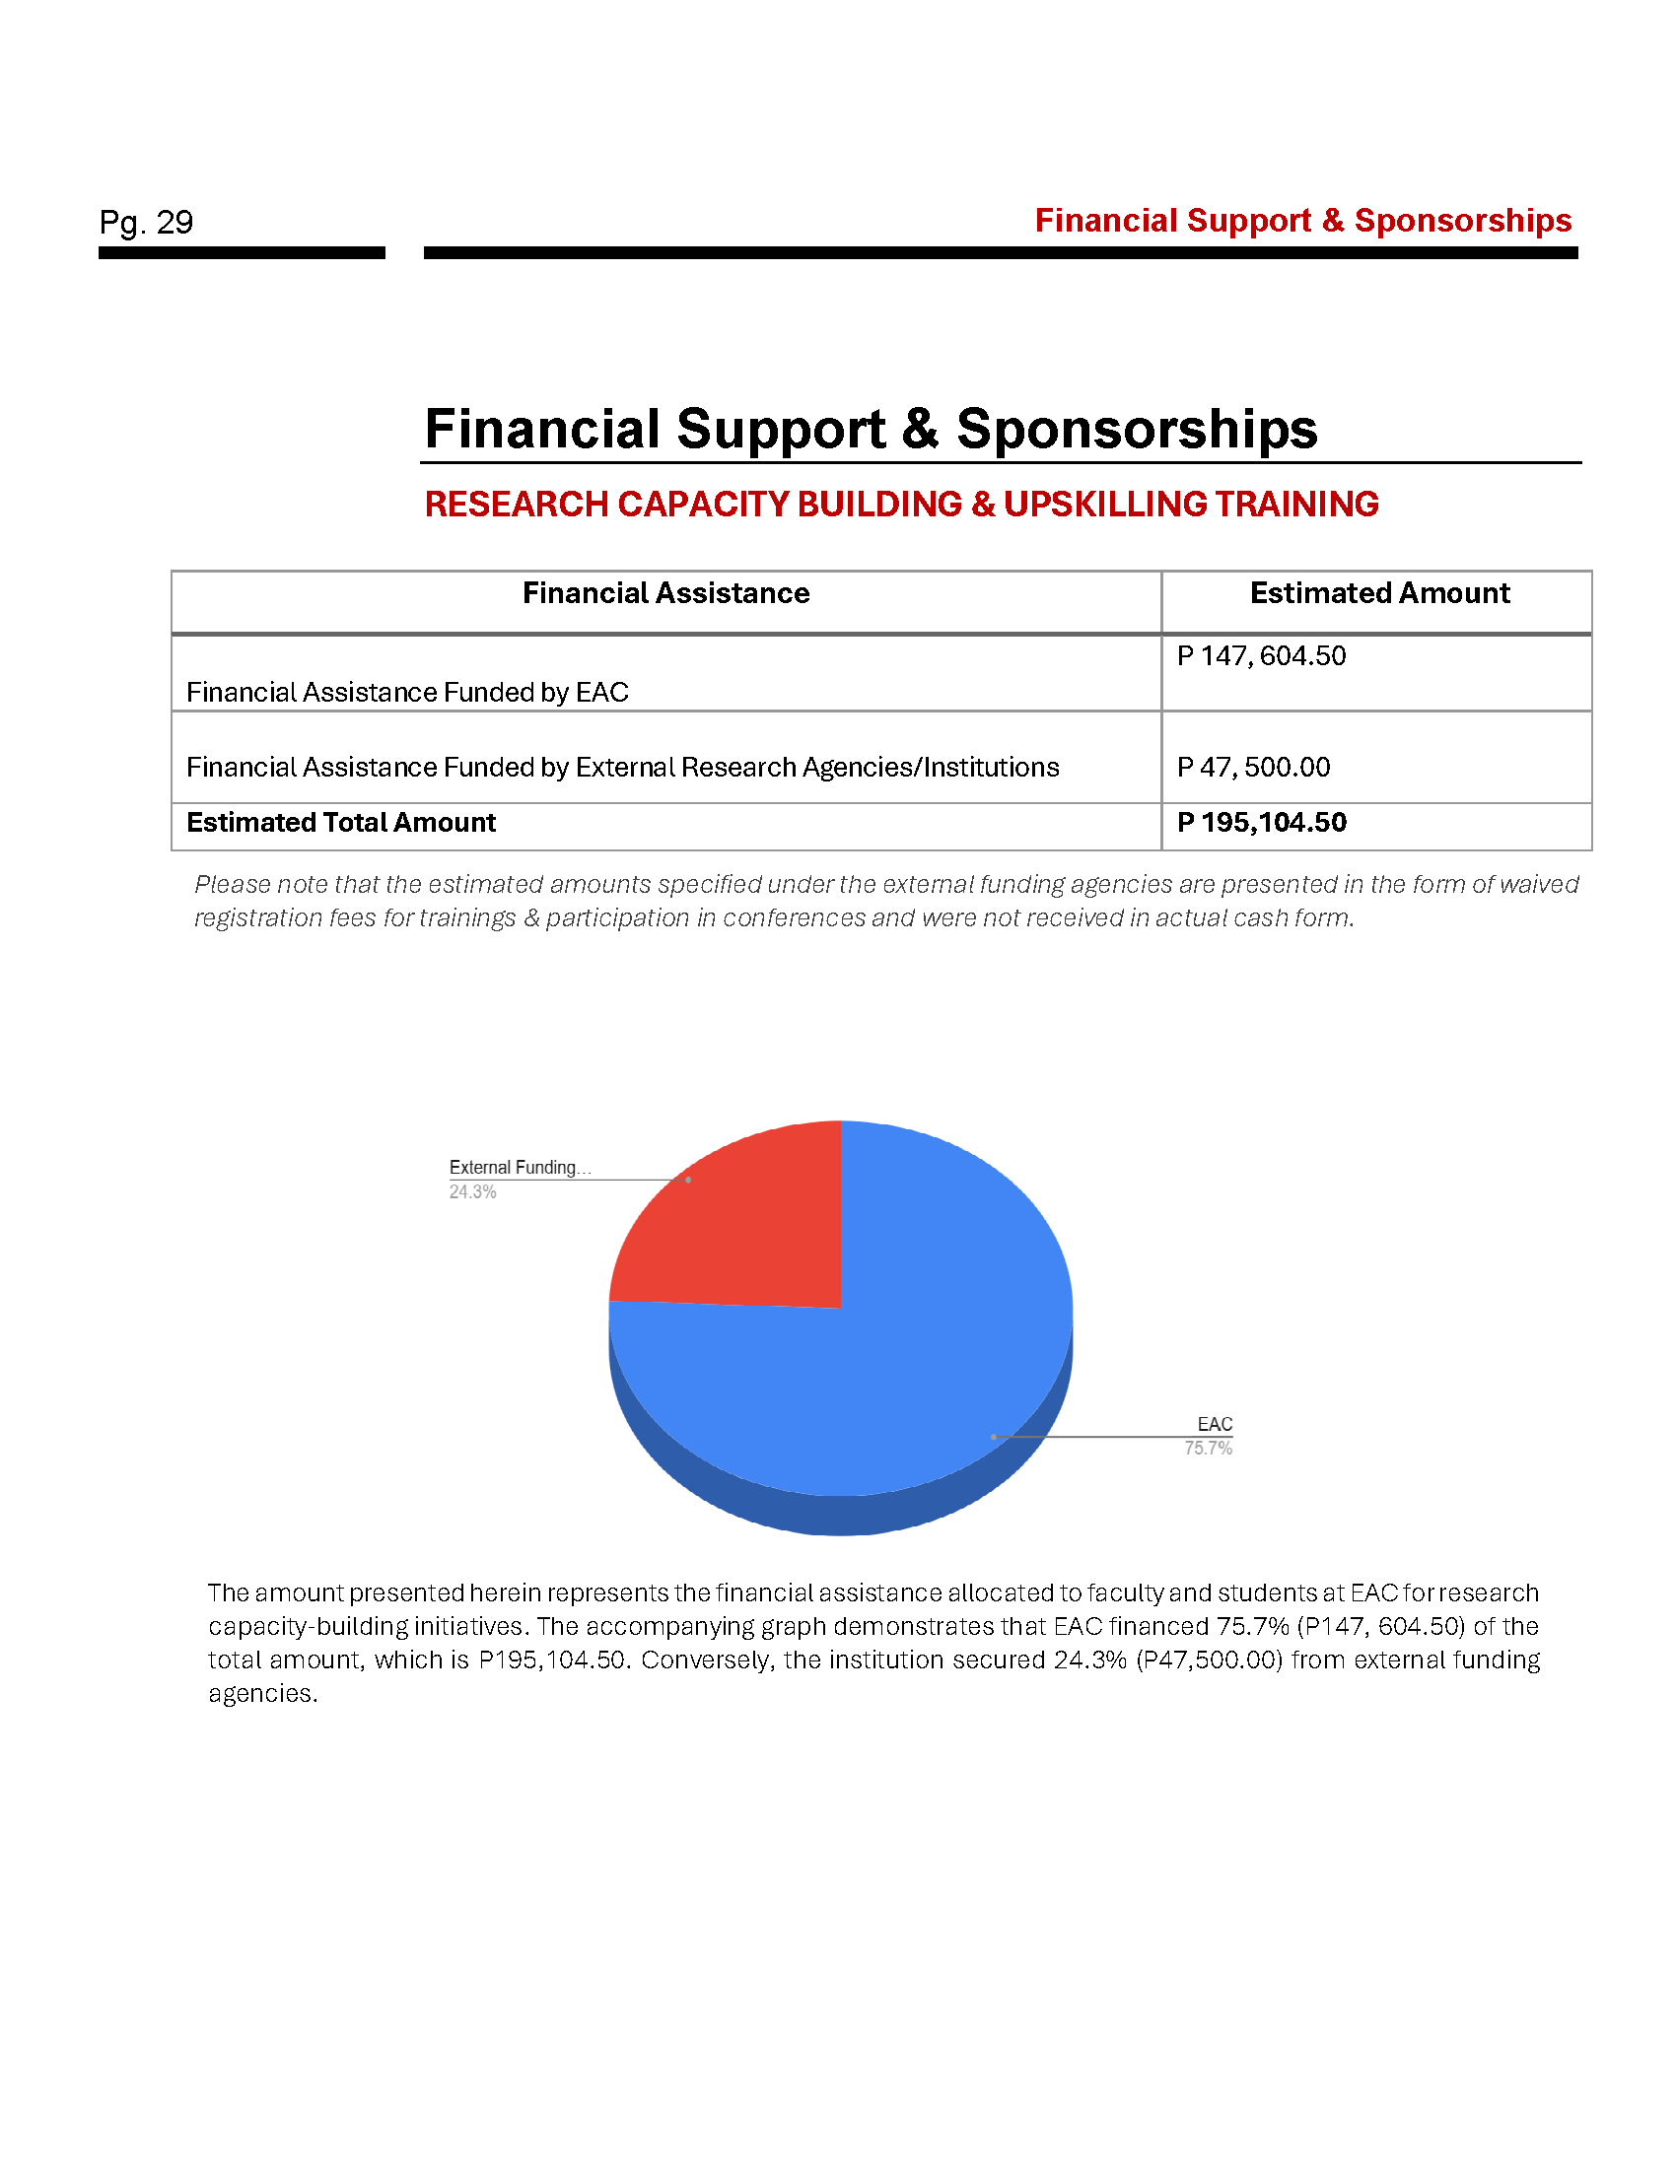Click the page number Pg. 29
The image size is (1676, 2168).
(x=146, y=222)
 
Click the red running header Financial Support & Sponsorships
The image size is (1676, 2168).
(x=1302, y=221)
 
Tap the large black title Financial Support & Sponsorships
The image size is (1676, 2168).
(x=870, y=429)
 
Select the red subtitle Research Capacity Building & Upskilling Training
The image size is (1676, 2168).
(x=900, y=505)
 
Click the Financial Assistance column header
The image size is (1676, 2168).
(x=665, y=593)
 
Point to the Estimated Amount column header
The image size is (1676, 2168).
(x=1378, y=593)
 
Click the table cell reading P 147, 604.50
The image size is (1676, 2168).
(x=1261, y=656)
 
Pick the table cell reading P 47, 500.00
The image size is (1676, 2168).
(x=1253, y=768)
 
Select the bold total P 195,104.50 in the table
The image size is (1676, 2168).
(x=1261, y=823)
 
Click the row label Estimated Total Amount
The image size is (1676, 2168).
(x=340, y=823)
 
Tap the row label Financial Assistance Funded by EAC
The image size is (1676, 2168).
(x=407, y=693)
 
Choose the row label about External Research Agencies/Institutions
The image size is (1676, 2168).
(x=622, y=768)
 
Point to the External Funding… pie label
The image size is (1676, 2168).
(x=520, y=1168)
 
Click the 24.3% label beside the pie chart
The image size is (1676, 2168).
(x=472, y=1192)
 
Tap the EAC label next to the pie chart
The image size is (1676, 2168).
(x=1215, y=1425)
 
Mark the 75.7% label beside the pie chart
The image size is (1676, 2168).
(x=1208, y=1449)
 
